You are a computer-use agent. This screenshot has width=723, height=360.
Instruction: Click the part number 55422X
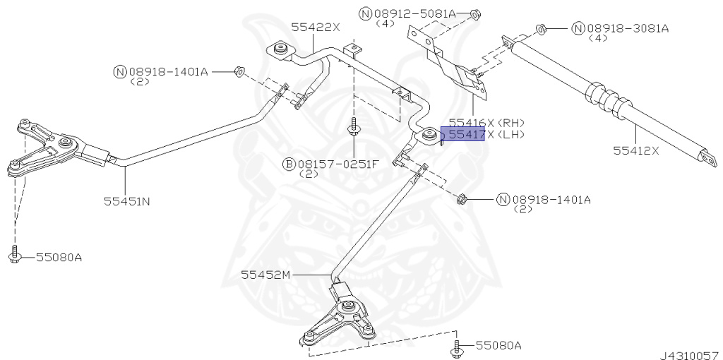[x=316, y=27]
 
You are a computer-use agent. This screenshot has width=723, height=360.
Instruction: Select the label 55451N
[x=126, y=200]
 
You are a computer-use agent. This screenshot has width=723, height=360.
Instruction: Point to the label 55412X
[x=635, y=150]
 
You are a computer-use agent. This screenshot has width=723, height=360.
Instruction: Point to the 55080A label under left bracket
[x=59, y=257]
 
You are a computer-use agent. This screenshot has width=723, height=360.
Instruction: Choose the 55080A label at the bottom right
[x=498, y=346]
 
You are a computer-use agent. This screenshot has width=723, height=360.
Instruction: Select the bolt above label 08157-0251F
[x=352, y=129]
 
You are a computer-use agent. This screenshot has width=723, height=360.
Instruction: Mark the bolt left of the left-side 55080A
[x=15, y=256]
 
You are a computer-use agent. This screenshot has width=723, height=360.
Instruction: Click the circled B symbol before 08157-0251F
[x=289, y=164]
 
